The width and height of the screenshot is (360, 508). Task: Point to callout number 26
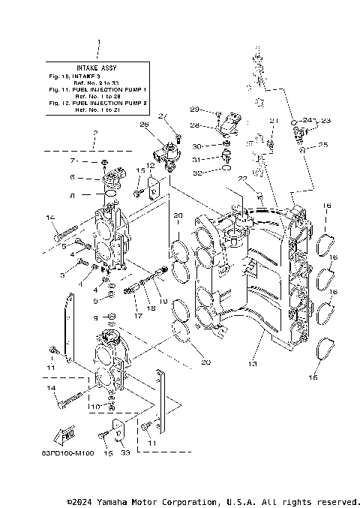click(x=144, y=125)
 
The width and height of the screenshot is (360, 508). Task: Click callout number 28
click(x=194, y=125)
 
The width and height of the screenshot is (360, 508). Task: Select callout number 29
click(x=193, y=110)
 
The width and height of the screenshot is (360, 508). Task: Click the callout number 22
click(x=241, y=179)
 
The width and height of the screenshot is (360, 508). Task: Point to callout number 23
click(x=325, y=120)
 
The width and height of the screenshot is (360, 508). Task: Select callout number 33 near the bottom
click(x=124, y=452)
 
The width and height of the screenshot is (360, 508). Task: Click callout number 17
click(x=136, y=316)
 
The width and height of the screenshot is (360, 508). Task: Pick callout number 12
click(x=150, y=165)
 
